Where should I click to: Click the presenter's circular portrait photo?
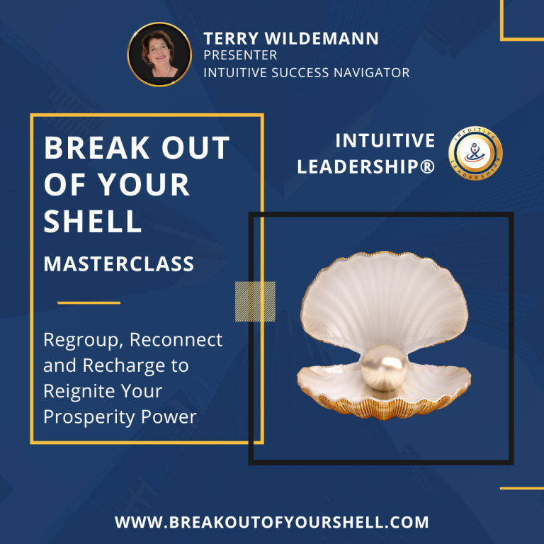click(159, 55)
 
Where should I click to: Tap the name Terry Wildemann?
click(290, 38)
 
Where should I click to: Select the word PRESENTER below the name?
click(240, 55)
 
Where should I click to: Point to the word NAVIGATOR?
click(372, 73)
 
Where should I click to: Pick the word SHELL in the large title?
click(93, 221)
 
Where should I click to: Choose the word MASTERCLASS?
click(119, 263)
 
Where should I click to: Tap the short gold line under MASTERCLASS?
click(89, 303)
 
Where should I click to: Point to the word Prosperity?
click(89, 417)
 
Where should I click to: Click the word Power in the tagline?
click(169, 416)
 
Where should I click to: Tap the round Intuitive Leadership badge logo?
click(475, 153)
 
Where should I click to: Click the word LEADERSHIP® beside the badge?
click(365, 166)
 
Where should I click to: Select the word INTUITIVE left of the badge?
click(385, 140)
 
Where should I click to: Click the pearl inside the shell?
click(385, 368)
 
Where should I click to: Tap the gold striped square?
click(255, 302)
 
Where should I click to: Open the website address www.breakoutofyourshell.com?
click(272, 522)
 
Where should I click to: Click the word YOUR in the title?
click(143, 184)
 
